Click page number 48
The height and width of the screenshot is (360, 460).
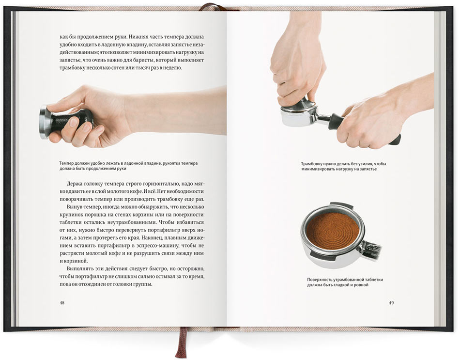[x=61, y=303]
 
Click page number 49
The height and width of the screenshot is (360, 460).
[x=391, y=303]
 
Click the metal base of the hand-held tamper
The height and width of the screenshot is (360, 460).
[x=44, y=122]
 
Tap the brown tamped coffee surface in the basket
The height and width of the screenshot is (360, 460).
[x=333, y=229]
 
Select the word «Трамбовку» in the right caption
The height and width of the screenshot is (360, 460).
[x=313, y=164]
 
